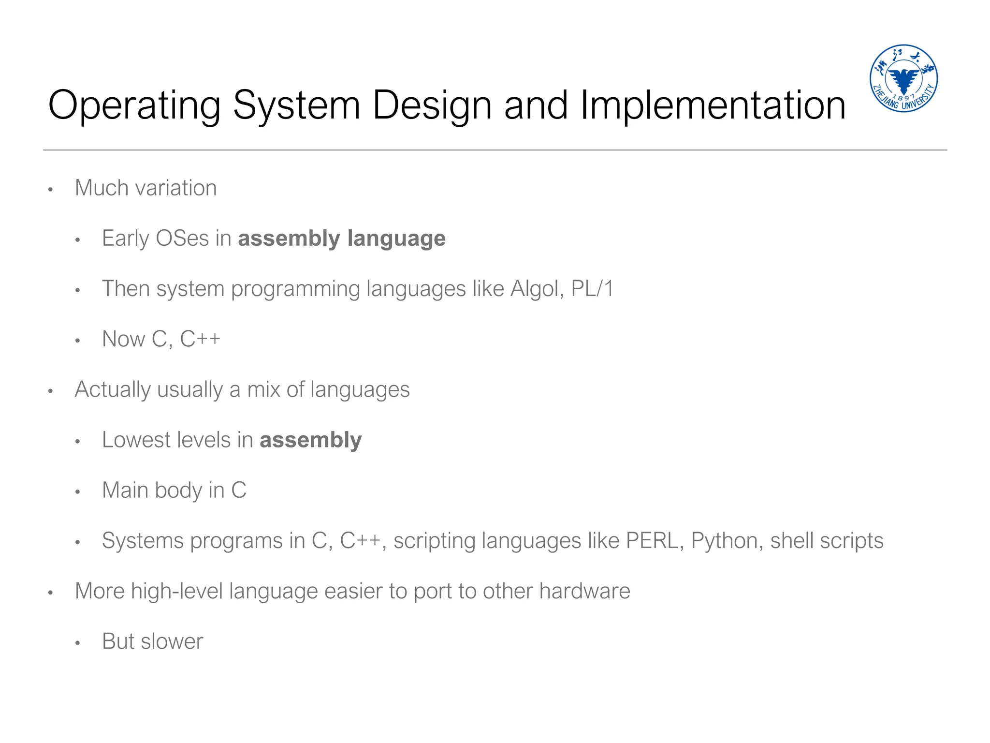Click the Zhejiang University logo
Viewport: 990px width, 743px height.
tap(903, 78)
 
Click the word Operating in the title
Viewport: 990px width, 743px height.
tap(134, 105)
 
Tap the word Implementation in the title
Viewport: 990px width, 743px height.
tap(713, 105)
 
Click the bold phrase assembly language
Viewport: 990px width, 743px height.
tap(342, 238)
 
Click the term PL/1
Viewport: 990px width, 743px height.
tap(592, 289)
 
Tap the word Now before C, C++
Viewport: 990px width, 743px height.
tap(123, 339)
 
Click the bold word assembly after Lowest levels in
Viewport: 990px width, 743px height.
tap(310, 440)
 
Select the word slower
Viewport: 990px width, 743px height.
tap(172, 642)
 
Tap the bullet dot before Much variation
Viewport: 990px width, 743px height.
tap(50, 190)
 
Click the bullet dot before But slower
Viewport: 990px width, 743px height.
tap(77, 643)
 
